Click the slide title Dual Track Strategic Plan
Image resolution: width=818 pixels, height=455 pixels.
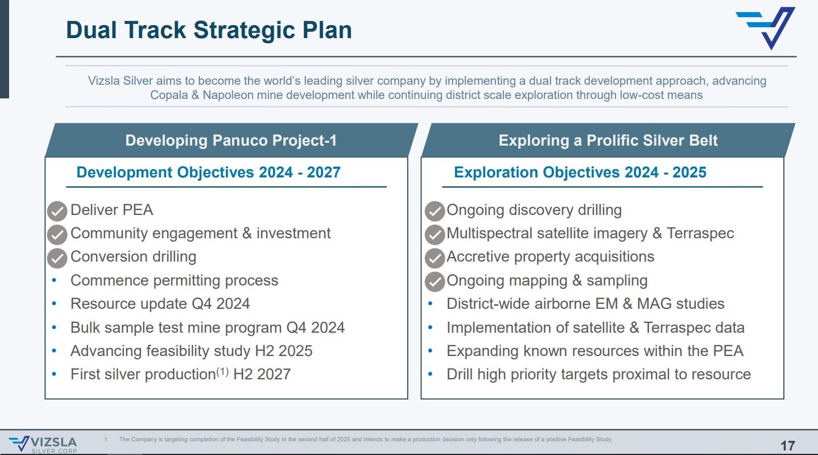click(209, 30)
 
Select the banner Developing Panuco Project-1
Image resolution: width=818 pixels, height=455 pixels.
click(231, 140)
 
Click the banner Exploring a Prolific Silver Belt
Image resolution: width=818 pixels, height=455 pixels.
click(608, 140)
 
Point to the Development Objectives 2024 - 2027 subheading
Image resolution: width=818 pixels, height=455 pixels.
click(208, 172)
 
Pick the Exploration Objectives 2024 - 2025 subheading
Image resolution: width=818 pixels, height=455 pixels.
click(580, 172)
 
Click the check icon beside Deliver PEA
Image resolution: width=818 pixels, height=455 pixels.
click(57, 211)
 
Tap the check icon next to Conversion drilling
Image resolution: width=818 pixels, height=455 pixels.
click(57, 258)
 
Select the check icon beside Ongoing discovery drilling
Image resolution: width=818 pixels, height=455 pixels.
click(435, 211)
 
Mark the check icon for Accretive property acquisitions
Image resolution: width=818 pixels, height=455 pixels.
click(435, 258)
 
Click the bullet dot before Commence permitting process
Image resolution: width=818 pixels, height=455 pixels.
click(55, 280)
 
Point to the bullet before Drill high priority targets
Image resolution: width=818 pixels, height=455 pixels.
click(430, 374)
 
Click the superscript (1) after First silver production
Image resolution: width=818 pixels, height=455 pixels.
click(222, 371)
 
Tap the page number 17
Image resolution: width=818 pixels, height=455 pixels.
click(788, 445)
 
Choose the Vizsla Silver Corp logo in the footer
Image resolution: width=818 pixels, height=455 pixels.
click(43, 444)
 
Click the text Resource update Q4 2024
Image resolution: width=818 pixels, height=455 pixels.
click(160, 304)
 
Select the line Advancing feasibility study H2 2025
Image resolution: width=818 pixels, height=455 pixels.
click(191, 351)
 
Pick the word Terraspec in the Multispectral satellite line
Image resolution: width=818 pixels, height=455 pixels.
click(700, 233)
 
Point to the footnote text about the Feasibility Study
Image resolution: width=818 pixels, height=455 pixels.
click(366, 439)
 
